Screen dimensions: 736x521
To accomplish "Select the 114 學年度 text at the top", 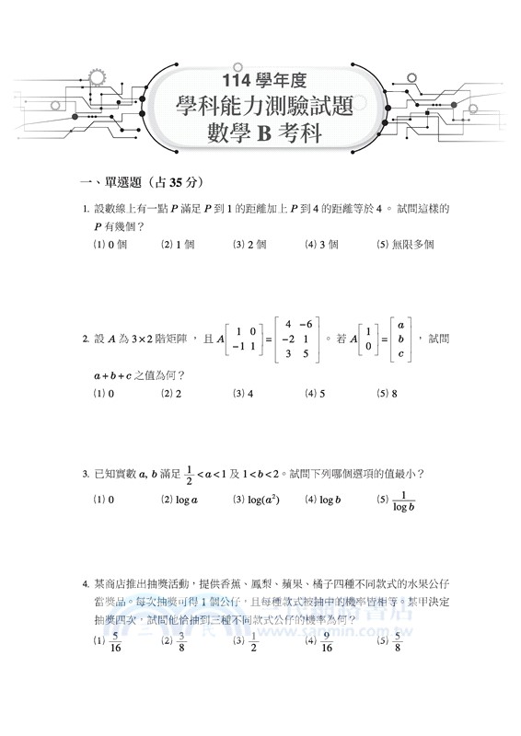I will (x=261, y=78).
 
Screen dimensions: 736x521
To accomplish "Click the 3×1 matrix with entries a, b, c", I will (x=400, y=339).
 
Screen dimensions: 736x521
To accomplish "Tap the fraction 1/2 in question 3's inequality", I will (x=191, y=474).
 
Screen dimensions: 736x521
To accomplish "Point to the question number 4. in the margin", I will (x=85, y=583).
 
